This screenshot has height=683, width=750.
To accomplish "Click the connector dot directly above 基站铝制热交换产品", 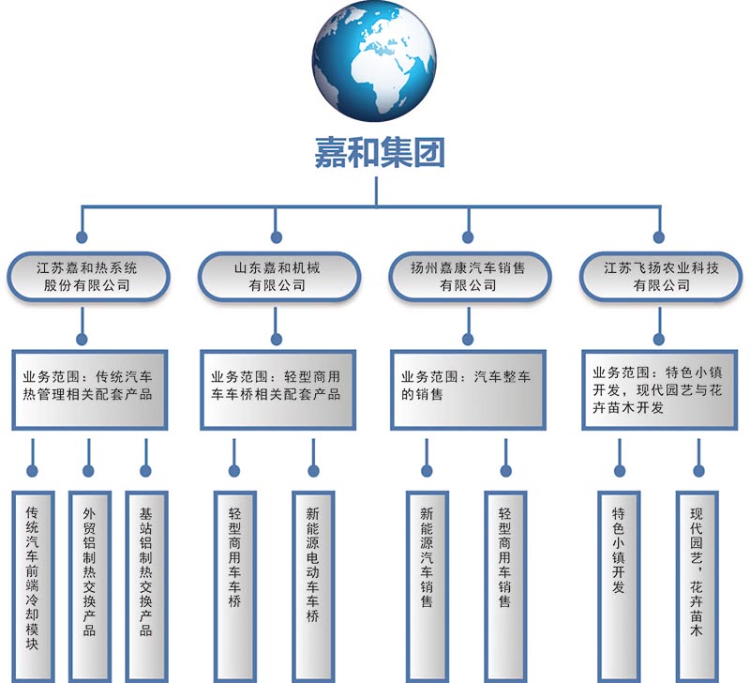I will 145,472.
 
